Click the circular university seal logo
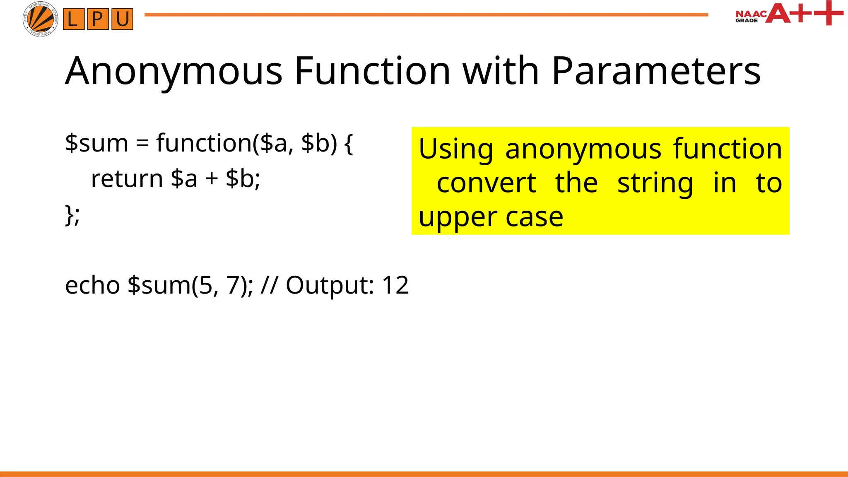[x=40, y=19]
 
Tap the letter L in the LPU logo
[x=73, y=19]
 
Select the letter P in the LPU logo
[x=98, y=19]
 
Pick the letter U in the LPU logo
[x=122, y=19]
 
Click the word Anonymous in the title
[x=174, y=72]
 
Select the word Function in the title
[x=372, y=71]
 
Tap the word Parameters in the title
[x=656, y=71]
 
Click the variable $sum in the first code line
[x=96, y=143]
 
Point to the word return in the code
[x=127, y=179]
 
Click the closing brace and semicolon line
[x=72, y=215]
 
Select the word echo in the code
[x=93, y=285]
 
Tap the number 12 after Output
[x=395, y=285]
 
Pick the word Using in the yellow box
[x=455, y=149]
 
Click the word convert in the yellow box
[x=487, y=183]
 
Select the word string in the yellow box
[x=655, y=184]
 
